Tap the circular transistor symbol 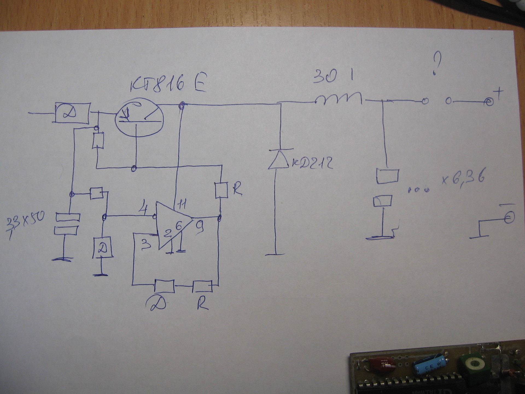(x=139, y=118)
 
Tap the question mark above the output (x=437, y=64)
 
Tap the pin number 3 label (x=146, y=244)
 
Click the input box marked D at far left (x=72, y=113)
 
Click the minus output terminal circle (x=509, y=218)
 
